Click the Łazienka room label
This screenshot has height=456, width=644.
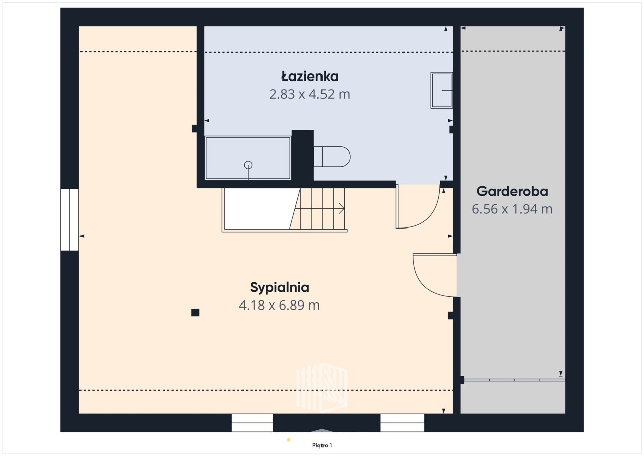pyautogui.click(x=309, y=77)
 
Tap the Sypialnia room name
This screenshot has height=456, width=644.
pyautogui.click(x=279, y=288)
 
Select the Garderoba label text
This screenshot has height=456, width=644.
pyautogui.click(x=512, y=191)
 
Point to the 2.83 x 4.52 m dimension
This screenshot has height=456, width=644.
pyautogui.click(x=309, y=94)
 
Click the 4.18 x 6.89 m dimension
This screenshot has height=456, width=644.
pyautogui.click(x=279, y=305)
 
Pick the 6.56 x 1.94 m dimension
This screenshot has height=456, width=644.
pyautogui.click(x=512, y=209)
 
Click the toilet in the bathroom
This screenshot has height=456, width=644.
pyautogui.click(x=332, y=157)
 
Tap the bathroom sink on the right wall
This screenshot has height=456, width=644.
pyautogui.click(x=441, y=90)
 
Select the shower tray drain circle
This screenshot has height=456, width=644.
pyautogui.click(x=248, y=165)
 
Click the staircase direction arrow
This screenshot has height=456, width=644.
pyautogui.click(x=342, y=208)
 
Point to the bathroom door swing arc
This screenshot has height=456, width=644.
pyautogui.click(x=428, y=218)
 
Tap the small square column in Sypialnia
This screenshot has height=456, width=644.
pyautogui.click(x=195, y=312)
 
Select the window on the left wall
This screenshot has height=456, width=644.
pyautogui.click(x=69, y=219)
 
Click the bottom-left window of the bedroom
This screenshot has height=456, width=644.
pyautogui.click(x=252, y=423)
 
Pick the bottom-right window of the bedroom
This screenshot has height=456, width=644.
pyautogui.click(x=402, y=423)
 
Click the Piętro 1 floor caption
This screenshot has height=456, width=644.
pyautogui.click(x=322, y=445)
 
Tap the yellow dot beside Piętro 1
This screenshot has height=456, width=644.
pyautogui.click(x=289, y=440)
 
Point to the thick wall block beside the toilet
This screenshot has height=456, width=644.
pyautogui.click(x=303, y=156)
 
